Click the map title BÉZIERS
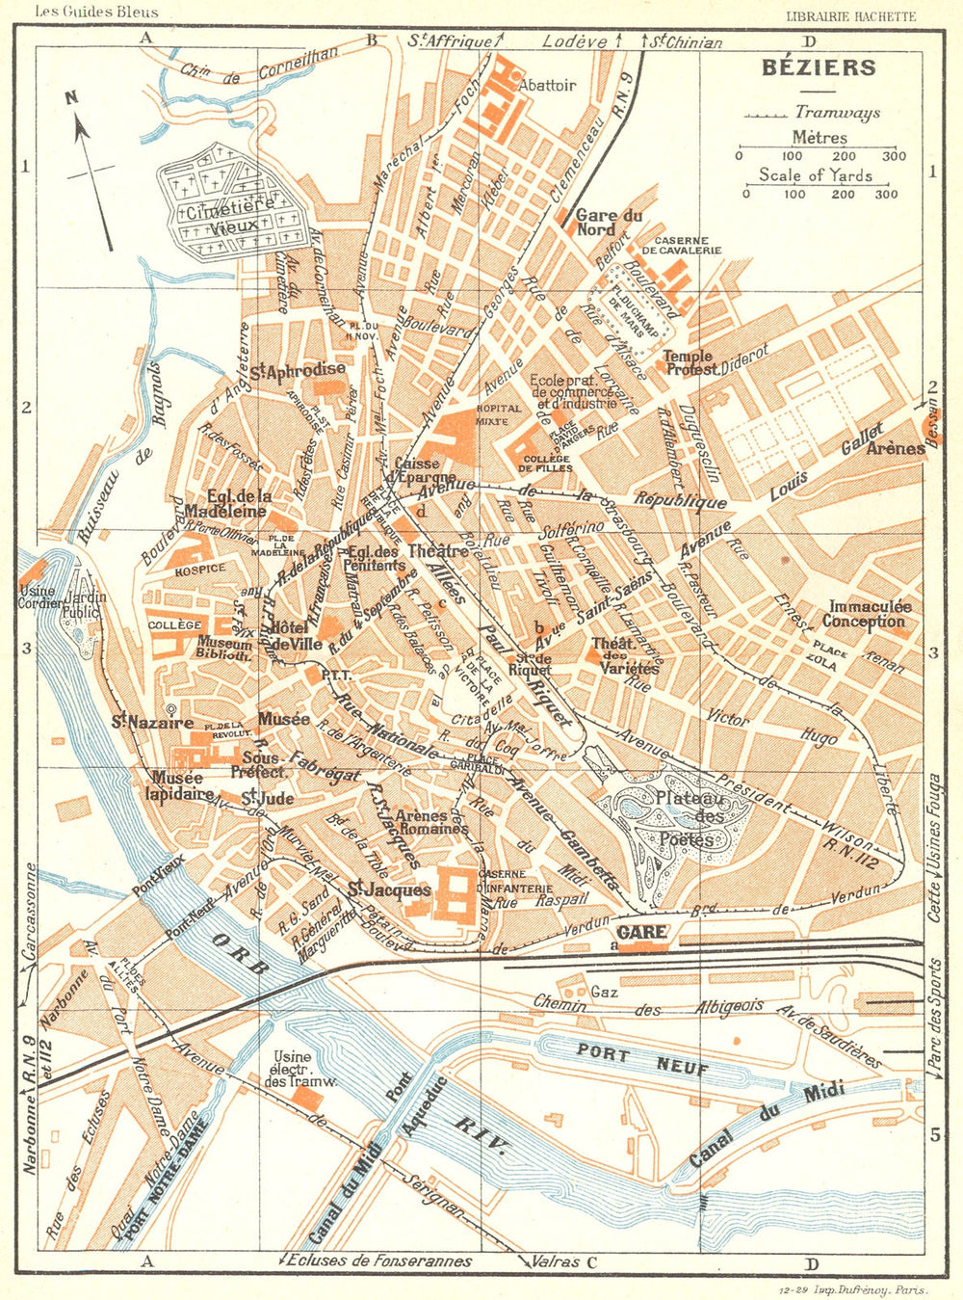pyautogui.click(x=819, y=68)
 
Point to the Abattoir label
pyautogui.click(x=547, y=85)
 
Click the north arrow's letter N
pyautogui.click(x=71, y=97)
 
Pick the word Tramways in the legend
pyautogui.click(x=838, y=114)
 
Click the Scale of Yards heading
pyautogui.click(x=815, y=174)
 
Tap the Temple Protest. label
pyautogui.click(x=690, y=363)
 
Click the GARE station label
pyautogui.click(x=642, y=933)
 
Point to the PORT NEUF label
pyautogui.click(x=642, y=1061)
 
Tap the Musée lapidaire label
pyautogui.click(x=179, y=785)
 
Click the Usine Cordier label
pyautogui.click(x=36, y=597)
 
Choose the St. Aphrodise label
pyautogui.click(x=299, y=369)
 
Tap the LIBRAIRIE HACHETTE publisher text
pyautogui.click(x=851, y=16)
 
